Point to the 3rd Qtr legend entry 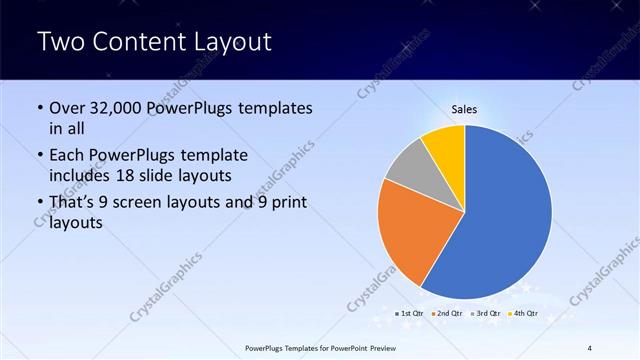pyautogui.click(x=487, y=313)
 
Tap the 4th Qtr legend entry pyautogui.click(x=524, y=313)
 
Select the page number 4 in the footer pyautogui.click(x=589, y=348)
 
